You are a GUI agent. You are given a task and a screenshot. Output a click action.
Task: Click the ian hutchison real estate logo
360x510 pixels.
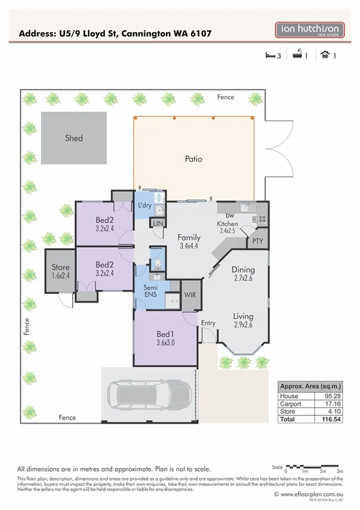point(310,31)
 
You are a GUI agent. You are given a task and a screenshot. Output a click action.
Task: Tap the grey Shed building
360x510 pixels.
point(74,138)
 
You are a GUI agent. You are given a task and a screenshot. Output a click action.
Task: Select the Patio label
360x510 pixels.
point(194,159)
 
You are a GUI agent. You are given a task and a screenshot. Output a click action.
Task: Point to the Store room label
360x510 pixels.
point(61,267)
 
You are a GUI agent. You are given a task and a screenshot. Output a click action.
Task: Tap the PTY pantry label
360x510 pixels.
point(257,241)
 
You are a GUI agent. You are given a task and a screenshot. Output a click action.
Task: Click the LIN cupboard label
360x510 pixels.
point(158,223)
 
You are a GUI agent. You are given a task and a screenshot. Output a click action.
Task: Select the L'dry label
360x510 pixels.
point(144,206)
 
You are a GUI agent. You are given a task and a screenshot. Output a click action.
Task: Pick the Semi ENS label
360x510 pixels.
point(150,292)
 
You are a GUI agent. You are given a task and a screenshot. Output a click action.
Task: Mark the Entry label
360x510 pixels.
point(208,324)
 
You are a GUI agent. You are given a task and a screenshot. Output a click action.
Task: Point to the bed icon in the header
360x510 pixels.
point(270,56)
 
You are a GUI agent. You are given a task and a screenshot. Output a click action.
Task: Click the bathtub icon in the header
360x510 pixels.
point(296,56)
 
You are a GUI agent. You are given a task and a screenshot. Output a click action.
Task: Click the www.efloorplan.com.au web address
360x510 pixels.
point(310,494)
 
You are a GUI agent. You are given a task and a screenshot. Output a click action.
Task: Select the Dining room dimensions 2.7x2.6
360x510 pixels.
point(243,278)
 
